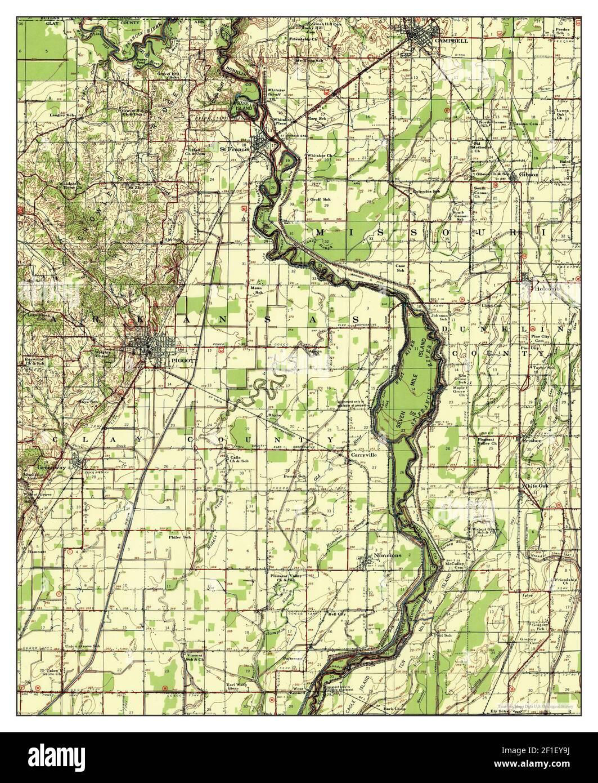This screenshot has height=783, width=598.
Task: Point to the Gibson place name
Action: [529, 175]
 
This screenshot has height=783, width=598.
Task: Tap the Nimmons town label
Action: [386, 555]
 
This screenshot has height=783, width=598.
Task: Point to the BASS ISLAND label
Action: [244, 106]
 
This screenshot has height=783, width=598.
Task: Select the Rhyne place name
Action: [274, 415]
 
